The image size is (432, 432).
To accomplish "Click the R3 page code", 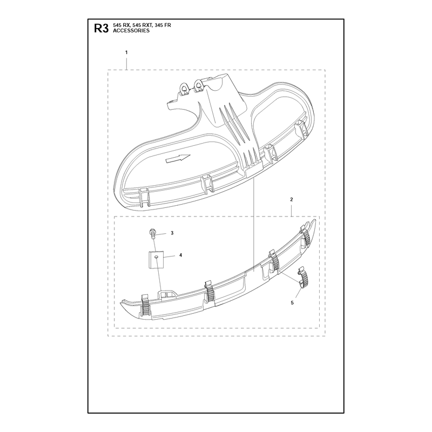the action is coord(102,29).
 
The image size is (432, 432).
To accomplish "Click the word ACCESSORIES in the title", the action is coord(131,31).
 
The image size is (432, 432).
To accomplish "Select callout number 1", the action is coord(126,52).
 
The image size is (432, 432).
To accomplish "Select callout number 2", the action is coord(292,199).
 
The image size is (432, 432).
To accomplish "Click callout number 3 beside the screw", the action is coord(172,233).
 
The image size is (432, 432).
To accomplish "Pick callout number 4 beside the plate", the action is coord(181,255).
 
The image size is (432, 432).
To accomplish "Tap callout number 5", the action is coord(292,303).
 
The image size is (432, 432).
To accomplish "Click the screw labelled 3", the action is coord(152,234).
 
